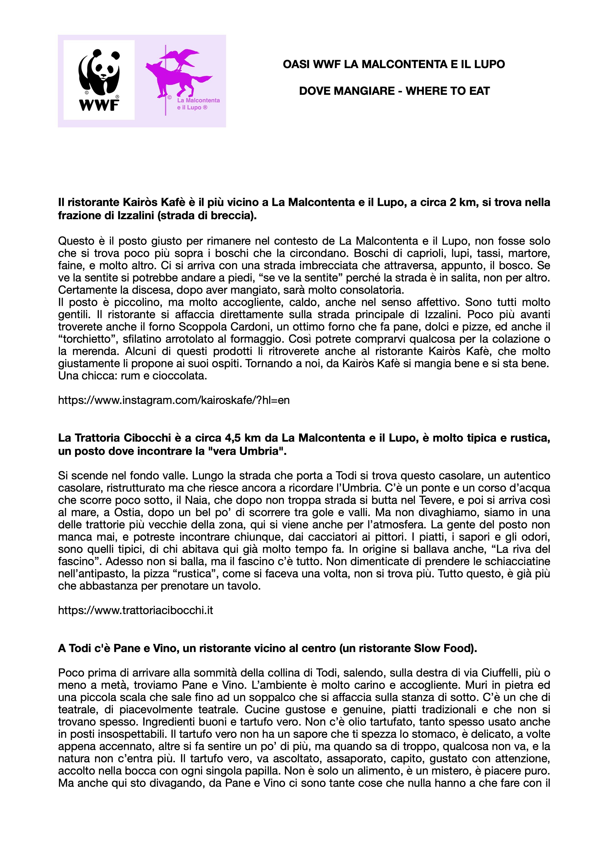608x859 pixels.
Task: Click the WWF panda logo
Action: pos(99,80)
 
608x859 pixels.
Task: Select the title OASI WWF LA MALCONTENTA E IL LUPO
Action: pos(394,64)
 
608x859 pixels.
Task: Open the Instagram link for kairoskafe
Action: pos(174,400)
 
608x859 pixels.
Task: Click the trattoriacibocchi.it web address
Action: pos(136,610)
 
